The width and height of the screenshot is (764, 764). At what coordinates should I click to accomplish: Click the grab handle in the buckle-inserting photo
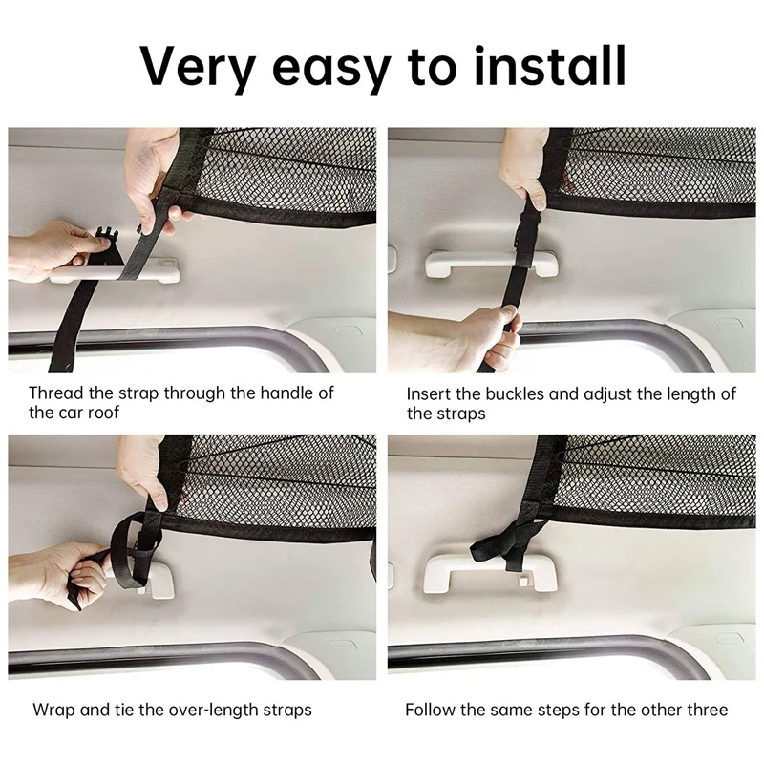pos(491,264)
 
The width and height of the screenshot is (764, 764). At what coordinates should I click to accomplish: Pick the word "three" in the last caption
pos(706,710)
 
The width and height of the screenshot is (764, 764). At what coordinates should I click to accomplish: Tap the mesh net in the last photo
pos(659,473)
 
